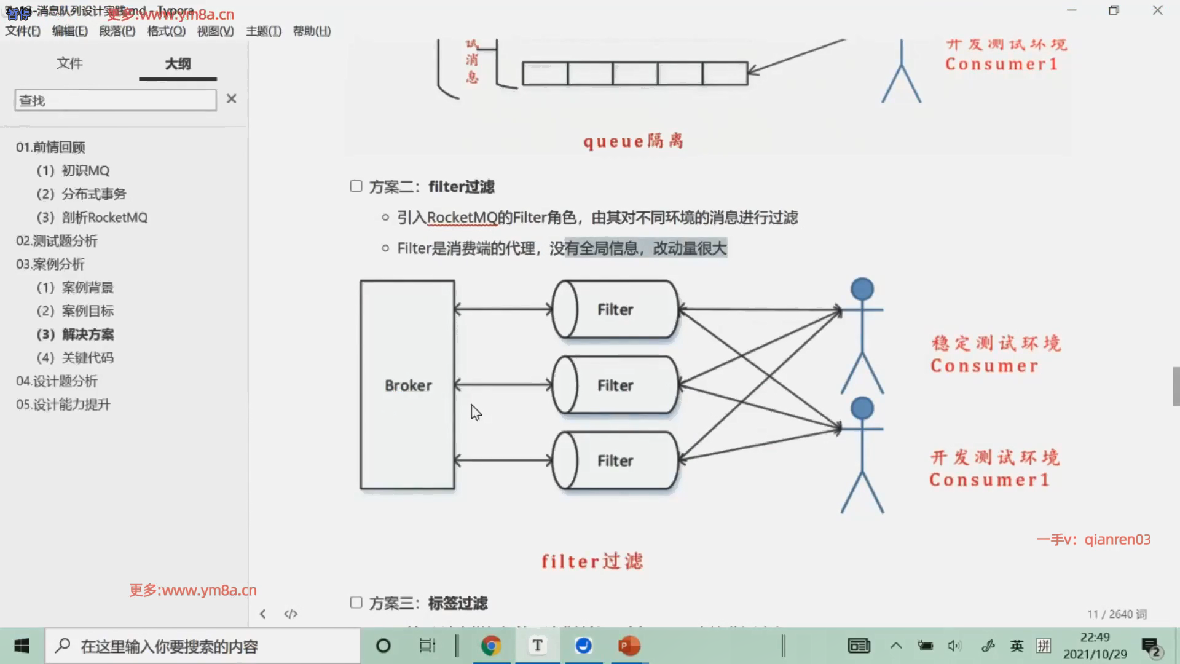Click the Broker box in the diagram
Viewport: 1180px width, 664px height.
(x=407, y=385)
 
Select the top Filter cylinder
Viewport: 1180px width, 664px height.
(x=615, y=309)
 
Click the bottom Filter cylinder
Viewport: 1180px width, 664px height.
(x=615, y=460)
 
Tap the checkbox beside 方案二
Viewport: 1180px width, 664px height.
(x=356, y=186)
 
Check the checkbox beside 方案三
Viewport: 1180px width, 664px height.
(x=356, y=602)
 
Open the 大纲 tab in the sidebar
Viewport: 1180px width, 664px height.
(x=178, y=64)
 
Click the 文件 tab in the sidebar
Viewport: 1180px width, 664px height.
(x=69, y=64)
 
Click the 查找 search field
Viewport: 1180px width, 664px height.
(x=116, y=100)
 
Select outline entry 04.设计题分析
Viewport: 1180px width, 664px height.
(x=57, y=381)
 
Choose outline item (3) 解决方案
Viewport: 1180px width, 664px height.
(x=75, y=334)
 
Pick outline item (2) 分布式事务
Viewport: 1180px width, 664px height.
(x=81, y=194)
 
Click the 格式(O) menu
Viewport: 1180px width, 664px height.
(x=166, y=31)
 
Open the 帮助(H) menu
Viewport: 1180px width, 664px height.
(x=312, y=31)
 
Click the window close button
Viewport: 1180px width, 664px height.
(x=1157, y=10)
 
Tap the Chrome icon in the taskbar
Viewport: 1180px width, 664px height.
(x=491, y=646)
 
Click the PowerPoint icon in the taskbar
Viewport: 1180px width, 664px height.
(x=629, y=646)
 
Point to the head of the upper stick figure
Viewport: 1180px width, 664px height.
(x=862, y=290)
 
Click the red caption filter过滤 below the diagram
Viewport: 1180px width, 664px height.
(x=592, y=561)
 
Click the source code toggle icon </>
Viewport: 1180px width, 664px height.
(x=291, y=614)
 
